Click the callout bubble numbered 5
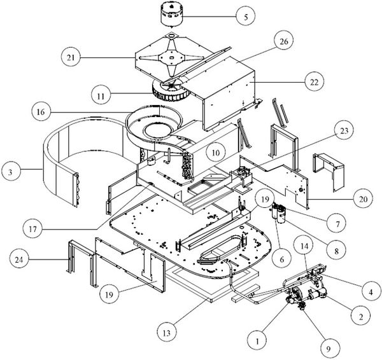click(x=246, y=17)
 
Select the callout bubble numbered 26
click(x=283, y=41)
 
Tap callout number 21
click(x=71, y=57)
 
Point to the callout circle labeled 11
click(x=101, y=95)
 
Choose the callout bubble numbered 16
click(x=41, y=112)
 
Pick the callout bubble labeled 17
click(x=32, y=229)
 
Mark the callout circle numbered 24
click(x=18, y=260)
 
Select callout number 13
click(x=167, y=333)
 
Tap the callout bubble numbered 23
click(x=344, y=131)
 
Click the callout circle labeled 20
click(x=363, y=199)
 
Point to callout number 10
click(x=216, y=153)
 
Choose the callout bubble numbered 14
click(x=304, y=246)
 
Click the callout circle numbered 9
click(x=329, y=349)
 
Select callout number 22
click(x=314, y=82)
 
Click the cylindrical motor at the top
click(x=172, y=15)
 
